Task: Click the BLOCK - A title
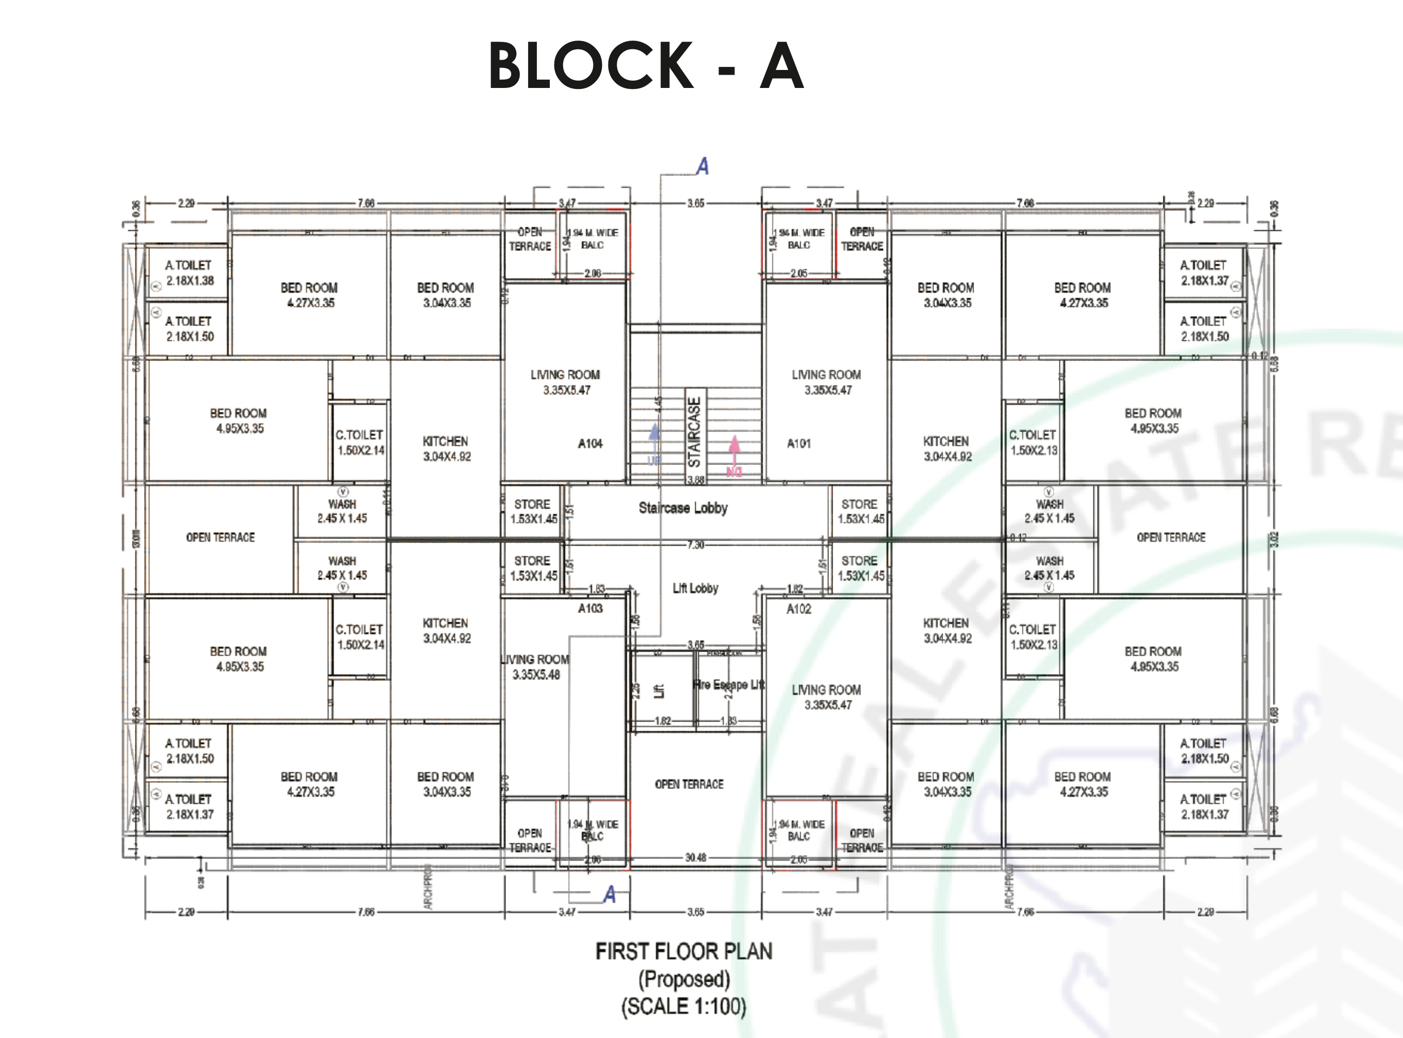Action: (646, 65)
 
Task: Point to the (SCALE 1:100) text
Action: (683, 1006)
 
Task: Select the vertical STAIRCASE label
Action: (694, 432)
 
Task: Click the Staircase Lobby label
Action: (683, 508)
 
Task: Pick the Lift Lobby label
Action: (695, 588)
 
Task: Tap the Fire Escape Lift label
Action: (729, 684)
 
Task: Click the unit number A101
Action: (799, 443)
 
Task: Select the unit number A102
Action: (799, 609)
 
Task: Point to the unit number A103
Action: (590, 608)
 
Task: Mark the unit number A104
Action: (590, 443)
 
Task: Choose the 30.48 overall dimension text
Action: (695, 857)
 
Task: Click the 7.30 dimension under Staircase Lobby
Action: (695, 545)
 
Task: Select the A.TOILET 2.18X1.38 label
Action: (189, 273)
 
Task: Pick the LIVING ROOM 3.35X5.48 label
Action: (536, 667)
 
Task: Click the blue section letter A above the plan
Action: (703, 167)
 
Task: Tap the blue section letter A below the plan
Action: (609, 894)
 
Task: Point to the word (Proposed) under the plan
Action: (683, 979)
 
